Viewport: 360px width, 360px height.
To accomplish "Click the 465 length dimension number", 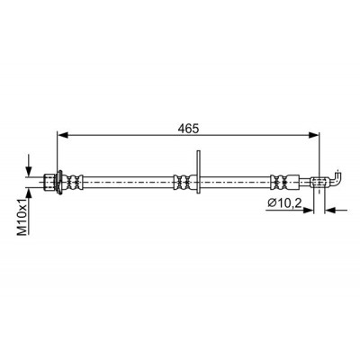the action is coord(188,129).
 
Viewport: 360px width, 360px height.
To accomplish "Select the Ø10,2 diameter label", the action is coord(284,203).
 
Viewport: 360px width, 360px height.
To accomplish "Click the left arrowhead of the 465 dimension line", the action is coord(62,136).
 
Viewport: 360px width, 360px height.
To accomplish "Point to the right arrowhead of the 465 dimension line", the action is coord(314,136).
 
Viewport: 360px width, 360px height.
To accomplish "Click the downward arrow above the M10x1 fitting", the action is coord(29,166).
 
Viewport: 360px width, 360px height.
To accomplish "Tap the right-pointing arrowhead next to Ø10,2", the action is coord(308,211).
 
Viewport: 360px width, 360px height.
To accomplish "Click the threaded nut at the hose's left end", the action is coord(49,182).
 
